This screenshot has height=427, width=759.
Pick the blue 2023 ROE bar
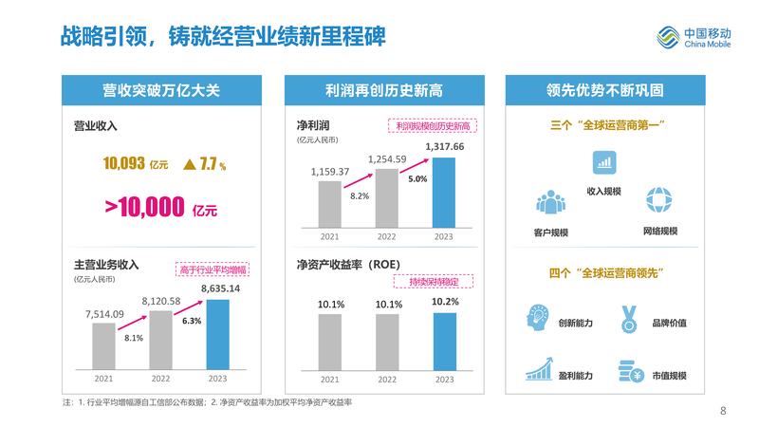(444, 342)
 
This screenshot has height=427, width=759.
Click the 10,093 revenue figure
(123, 163)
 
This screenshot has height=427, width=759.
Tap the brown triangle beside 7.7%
(190, 164)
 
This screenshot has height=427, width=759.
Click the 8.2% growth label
(360, 195)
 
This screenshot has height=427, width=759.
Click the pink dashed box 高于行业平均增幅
(212, 269)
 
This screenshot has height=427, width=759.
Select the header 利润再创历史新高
(383, 91)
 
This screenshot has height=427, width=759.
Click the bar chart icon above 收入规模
(603, 162)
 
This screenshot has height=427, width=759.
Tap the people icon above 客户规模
(550, 202)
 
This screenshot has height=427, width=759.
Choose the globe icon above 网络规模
(657, 200)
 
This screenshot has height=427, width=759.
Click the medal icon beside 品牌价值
(627, 318)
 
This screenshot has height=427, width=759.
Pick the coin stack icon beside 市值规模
(626, 370)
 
